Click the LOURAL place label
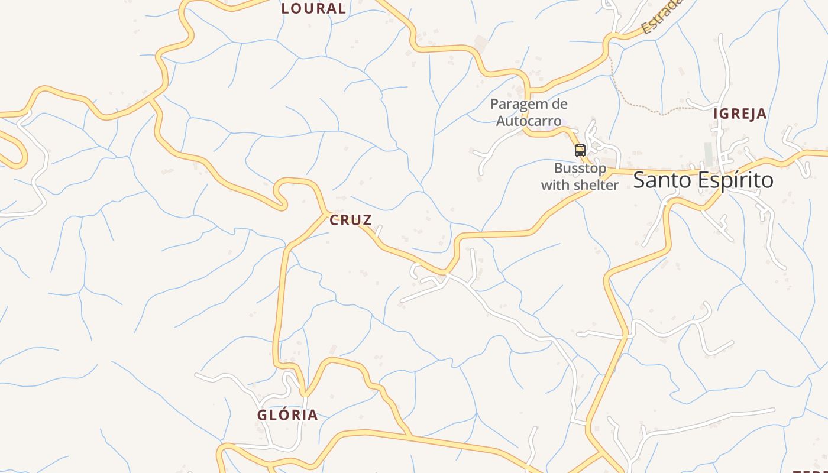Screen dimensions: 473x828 (313, 9)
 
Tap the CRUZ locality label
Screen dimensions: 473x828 (351, 221)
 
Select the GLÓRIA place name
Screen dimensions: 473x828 (287, 415)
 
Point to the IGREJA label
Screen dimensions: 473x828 (740, 114)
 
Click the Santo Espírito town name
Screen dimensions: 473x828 (703, 180)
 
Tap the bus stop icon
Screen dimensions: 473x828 (580, 151)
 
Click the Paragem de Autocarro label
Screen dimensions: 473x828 (529, 112)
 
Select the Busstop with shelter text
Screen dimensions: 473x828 (580, 177)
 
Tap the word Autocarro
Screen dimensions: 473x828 (529, 121)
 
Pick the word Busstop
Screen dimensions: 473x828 (580, 169)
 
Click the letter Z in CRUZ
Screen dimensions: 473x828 (367, 221)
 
